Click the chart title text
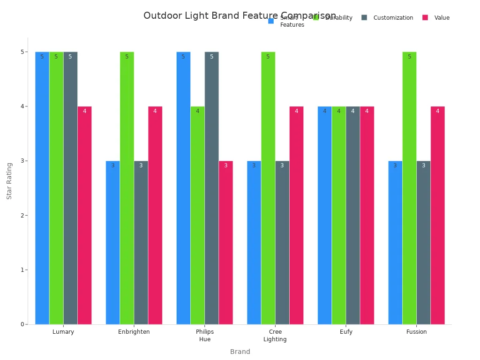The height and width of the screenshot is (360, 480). tap(240, 16)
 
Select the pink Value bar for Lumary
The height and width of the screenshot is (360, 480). tap(84, 215)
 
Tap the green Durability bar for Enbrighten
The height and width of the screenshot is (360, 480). tap(127, 187)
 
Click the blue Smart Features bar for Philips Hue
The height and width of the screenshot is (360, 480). tap(183, 187)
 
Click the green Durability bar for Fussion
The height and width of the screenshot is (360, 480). tap(409, 187)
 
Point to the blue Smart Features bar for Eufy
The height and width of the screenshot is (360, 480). tap(324, 215)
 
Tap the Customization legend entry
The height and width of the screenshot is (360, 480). tap(393, 18)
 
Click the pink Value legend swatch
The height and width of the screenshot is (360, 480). tap(425, 17)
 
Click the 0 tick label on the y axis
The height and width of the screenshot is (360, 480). tap(22, 324)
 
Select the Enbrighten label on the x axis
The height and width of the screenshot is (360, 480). tap(134, 332)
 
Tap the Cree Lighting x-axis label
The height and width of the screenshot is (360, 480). tap(275, 336)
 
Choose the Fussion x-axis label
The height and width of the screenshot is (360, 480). tap(416, 332)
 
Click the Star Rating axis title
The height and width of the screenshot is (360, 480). tap(9, 181)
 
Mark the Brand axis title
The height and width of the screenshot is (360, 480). tap(240, 352)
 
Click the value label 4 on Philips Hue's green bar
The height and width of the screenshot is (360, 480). tap(197, 111)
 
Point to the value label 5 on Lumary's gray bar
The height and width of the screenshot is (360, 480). tap(70, 57)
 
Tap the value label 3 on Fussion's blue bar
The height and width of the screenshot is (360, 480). tap(395, 165)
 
